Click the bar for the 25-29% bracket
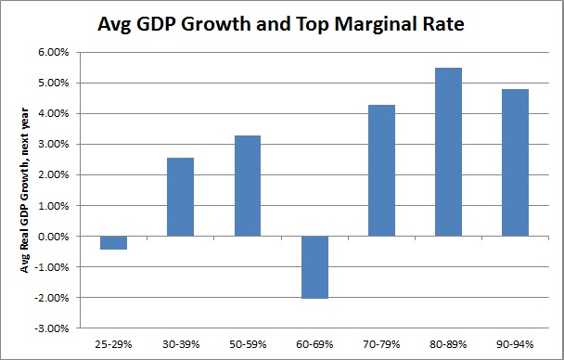(113, 243)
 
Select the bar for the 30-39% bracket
(180, 197)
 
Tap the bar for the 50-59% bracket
(247, 186)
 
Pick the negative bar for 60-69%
(314, 267)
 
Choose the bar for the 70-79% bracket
(380, 171)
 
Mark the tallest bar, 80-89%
(447, 152)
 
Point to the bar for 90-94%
(514, 162)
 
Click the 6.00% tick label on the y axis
(52, 53)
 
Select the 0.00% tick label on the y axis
(52, 237)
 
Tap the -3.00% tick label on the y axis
(50, 328)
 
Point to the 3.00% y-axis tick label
(52, 145)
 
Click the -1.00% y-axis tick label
(50, 267)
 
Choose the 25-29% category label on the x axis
(113, 342)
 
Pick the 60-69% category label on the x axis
(314, 342)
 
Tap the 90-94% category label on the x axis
(514, 342)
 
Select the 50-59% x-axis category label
(247, 342)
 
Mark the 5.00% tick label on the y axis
(52, 84)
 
